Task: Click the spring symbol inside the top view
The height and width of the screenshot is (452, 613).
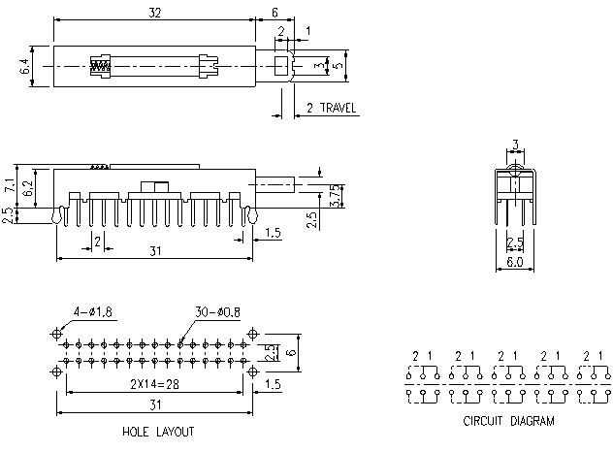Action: pyautogui.click(x=101, y=67)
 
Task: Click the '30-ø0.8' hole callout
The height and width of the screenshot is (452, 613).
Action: pyautogui.click(x=217, y=311)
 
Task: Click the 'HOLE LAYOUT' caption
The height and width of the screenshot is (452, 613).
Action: pyautogui.click(x=158, y=431)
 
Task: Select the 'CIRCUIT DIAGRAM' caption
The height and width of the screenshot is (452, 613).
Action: pyautogui.click(x=508, y=421)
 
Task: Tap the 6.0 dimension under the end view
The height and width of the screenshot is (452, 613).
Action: pyautogui.click(x=514, y=262)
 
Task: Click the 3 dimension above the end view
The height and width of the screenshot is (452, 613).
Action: pyautogui.click(x=515, y=145)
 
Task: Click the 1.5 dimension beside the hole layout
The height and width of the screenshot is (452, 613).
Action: pyautogui.click(x=273, y=384)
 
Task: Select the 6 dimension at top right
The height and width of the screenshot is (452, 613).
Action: pyautogui.click(x=274, y=11)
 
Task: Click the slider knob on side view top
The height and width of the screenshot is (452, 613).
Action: pyautogui.click(x=152, y=185)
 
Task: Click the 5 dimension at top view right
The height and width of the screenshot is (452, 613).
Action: pyautogui.click(x=339, y=66)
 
